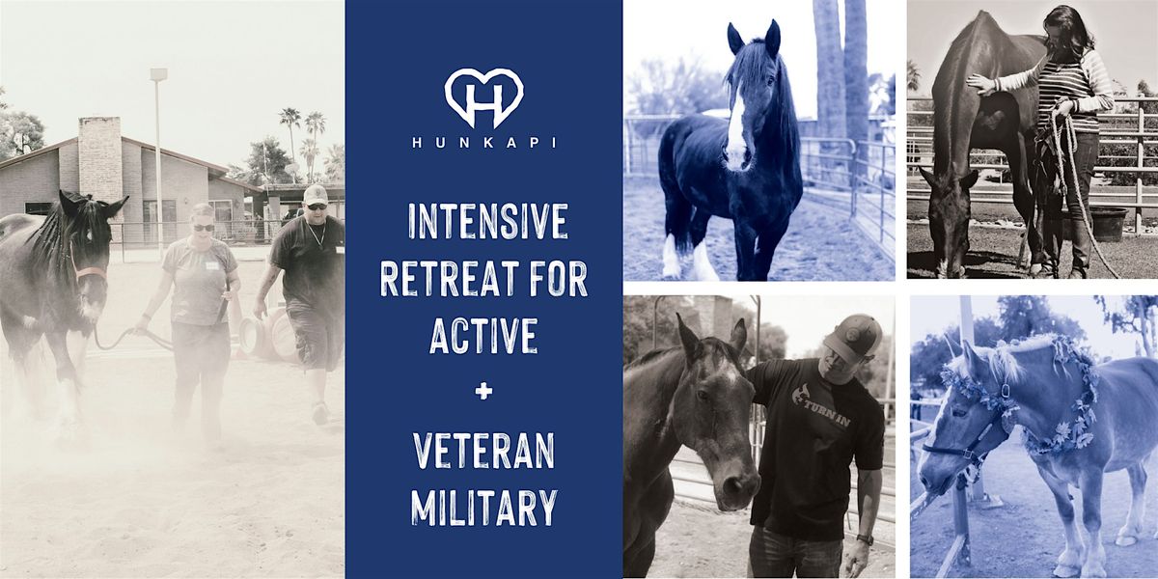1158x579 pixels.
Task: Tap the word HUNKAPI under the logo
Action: click(483, 142)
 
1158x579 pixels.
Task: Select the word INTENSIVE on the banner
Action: click(487, 221)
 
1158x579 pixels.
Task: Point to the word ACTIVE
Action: click(483, 336)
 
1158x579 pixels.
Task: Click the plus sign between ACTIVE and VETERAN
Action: click(483, 392)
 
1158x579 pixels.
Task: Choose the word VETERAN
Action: click(483, 451)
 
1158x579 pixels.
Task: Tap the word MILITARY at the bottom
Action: click(483, 508)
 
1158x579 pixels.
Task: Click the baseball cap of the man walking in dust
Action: click(316, 195)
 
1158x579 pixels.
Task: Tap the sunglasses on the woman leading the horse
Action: click(204, 228)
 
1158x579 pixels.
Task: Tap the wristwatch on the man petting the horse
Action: click(865, 539)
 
